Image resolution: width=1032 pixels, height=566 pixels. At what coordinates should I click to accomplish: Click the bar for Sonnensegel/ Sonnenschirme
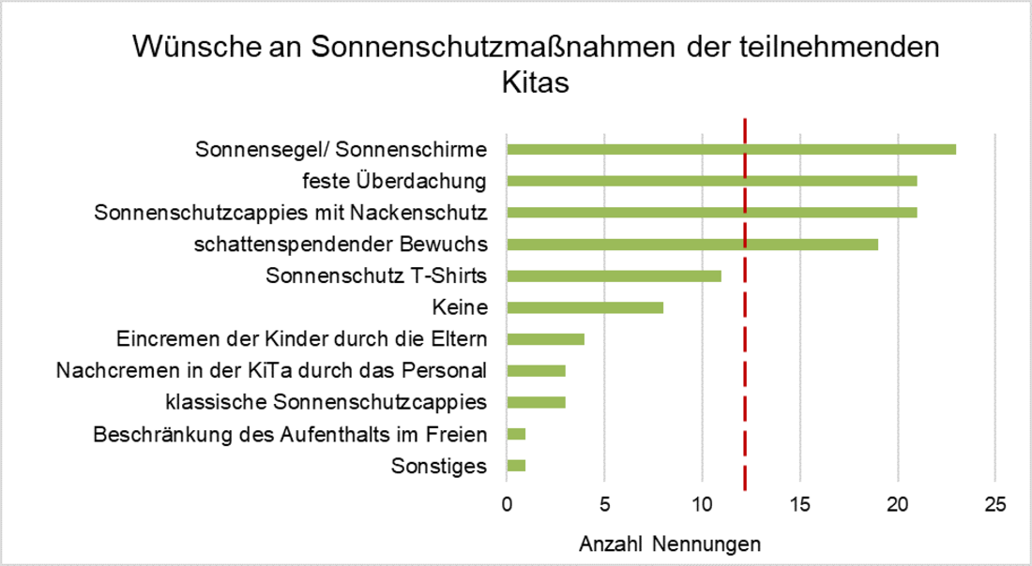[x=731, y=149]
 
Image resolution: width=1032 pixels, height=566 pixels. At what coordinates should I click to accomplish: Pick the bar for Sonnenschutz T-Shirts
[x=614, y=276]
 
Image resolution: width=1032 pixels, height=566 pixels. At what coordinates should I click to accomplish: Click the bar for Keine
[x=584, y=307]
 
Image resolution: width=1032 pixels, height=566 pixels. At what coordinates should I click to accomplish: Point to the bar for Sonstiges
[x=516, y=466]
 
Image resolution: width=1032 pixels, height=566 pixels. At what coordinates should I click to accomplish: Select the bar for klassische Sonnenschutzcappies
[x=536, y=403]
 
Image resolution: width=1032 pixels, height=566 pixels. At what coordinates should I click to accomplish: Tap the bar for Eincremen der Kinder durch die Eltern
[x=545, y=339]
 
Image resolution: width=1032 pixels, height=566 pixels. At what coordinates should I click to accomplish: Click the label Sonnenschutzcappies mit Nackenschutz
[x=291, y=213]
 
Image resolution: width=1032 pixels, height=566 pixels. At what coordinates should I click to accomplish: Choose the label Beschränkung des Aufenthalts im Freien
[x=291, y=435]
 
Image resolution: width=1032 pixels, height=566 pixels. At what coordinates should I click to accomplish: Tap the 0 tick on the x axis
[x=507, y=504]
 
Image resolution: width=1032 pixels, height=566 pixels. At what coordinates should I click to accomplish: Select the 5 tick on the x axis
[x=604, y=504]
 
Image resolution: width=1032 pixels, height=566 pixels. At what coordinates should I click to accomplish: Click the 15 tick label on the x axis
[x=799, y=504]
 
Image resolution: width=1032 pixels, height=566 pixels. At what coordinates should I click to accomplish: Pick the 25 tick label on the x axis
[x=994, y=504]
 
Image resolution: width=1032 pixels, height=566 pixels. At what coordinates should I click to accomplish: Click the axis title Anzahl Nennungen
[x=670, y=544]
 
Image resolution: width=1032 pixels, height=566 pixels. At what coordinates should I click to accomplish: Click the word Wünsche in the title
[x=190, y=47]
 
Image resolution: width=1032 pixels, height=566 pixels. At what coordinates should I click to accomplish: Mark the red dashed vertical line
[x=745, y=375]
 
